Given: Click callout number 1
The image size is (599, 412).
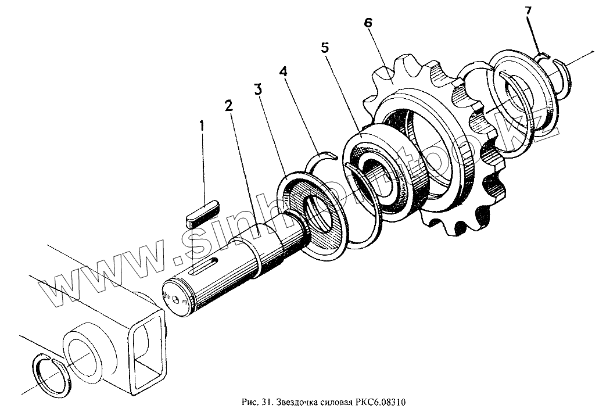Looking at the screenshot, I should (202, 125).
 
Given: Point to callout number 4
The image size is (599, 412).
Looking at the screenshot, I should (283, 71).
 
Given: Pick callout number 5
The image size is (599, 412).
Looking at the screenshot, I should (325, 48).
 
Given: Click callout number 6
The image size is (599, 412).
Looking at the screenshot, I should (368, 23).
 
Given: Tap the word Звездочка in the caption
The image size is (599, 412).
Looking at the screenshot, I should (296, 402).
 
